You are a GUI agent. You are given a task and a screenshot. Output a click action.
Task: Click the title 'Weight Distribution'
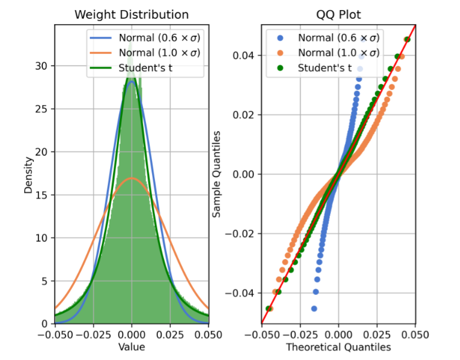click(131, 15)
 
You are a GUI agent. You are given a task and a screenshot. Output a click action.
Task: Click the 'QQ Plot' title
click(338, 15)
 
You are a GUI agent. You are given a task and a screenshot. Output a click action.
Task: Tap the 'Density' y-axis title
click(28, 175)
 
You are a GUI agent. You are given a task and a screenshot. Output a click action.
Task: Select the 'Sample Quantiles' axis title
click(217, 174)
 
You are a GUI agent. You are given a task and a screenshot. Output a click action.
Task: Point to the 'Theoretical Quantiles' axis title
click(338, 347)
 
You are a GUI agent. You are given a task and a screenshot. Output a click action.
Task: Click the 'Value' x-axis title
click(131, 347)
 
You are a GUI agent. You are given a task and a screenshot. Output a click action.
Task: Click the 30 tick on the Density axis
click(41, 66)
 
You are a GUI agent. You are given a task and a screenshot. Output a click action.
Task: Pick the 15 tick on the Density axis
click(41, 195)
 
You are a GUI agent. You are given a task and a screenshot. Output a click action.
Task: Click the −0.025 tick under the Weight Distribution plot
click(93, 335)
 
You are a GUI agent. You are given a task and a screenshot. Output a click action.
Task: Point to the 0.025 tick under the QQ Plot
click(377, 335)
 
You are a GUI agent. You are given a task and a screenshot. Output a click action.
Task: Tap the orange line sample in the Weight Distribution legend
click(101, 53)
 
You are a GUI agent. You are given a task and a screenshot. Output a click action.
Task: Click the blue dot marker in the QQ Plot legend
click(280, 38)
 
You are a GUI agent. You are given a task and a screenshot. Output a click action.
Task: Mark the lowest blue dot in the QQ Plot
click(314, 308)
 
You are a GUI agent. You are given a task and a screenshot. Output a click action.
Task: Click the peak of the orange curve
click(132, 178)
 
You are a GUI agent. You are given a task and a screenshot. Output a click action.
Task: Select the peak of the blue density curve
click(132, 82)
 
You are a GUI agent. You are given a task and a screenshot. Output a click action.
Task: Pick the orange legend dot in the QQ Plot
click(280, 53)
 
